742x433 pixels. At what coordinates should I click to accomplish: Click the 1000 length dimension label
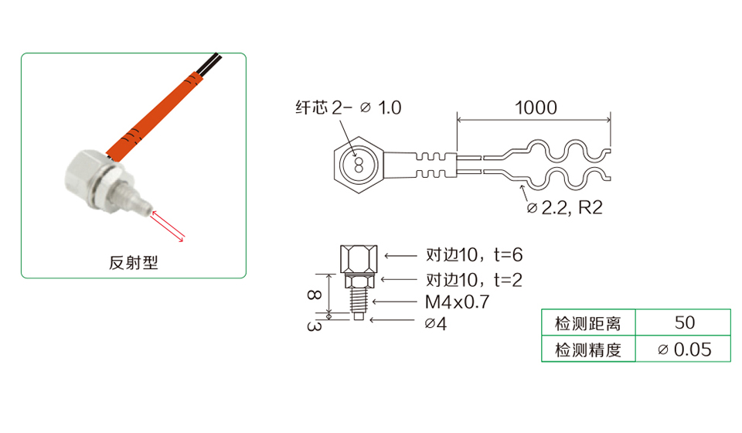coord(536,108)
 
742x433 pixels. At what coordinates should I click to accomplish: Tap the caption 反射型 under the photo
coord(134,263)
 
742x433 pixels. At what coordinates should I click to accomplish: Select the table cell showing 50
coord(684,322)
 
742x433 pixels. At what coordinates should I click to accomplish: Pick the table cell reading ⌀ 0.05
coord(684,349)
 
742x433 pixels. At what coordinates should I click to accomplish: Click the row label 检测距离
coord(587,323)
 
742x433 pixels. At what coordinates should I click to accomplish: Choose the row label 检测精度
coord(587,350)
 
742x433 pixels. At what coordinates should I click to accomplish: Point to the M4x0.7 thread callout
coord(457,302)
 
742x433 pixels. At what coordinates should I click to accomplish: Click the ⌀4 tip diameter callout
coord(436,324)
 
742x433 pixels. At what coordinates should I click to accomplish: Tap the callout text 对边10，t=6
coord(474,255)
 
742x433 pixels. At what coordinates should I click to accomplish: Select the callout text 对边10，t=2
coord(474,280)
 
